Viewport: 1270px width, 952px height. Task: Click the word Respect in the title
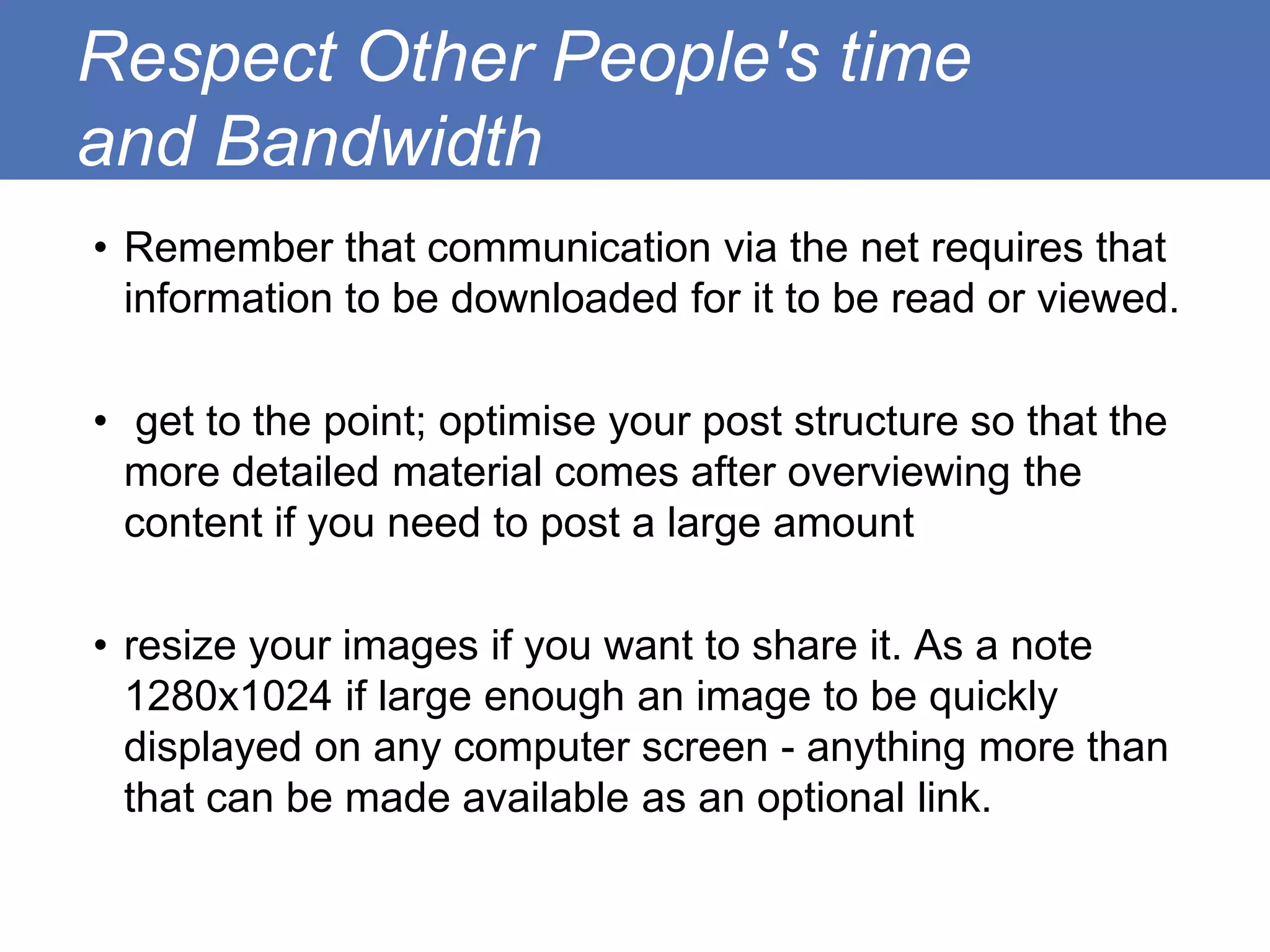pos(208,59)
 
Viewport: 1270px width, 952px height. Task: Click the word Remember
pos(229,248)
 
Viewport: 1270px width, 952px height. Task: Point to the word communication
pos(569,248)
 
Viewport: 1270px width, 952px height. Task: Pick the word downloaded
pos(564,299)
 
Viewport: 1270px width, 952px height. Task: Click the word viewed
pos(1108,299)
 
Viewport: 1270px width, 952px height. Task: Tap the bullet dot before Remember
pos(100,249)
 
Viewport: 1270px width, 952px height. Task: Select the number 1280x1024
pos(228,697)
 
